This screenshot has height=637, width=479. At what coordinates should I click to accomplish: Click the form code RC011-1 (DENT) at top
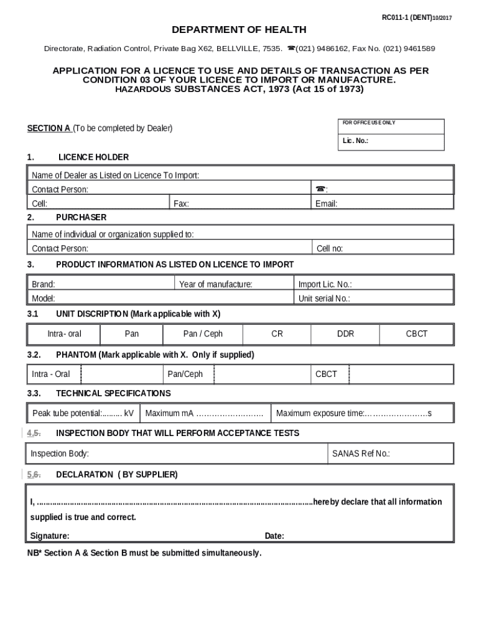tap(416, 18)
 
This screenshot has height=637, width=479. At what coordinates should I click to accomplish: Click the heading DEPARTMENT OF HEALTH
tap(239, 30)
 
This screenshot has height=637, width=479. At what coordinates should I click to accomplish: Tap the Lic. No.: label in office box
tap(355, 141)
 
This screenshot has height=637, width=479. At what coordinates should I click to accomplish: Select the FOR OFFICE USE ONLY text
tap(368, 123)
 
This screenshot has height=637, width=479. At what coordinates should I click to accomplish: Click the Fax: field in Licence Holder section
tap(240, 203)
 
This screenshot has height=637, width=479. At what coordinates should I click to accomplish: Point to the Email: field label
tap(327, 203)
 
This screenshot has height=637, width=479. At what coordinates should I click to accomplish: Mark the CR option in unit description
tap(277, 334)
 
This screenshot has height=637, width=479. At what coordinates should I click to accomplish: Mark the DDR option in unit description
tap(345, 334)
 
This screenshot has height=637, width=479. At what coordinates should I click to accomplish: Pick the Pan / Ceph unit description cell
tap(203, 334)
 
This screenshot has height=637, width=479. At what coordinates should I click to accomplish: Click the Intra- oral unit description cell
tap(64, 334)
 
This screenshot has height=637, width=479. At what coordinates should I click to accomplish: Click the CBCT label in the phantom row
tap(327, 374)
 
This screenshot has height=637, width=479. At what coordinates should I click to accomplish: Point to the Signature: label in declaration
tap(50, 536)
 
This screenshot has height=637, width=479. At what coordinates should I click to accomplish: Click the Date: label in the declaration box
tap(274, 536)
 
